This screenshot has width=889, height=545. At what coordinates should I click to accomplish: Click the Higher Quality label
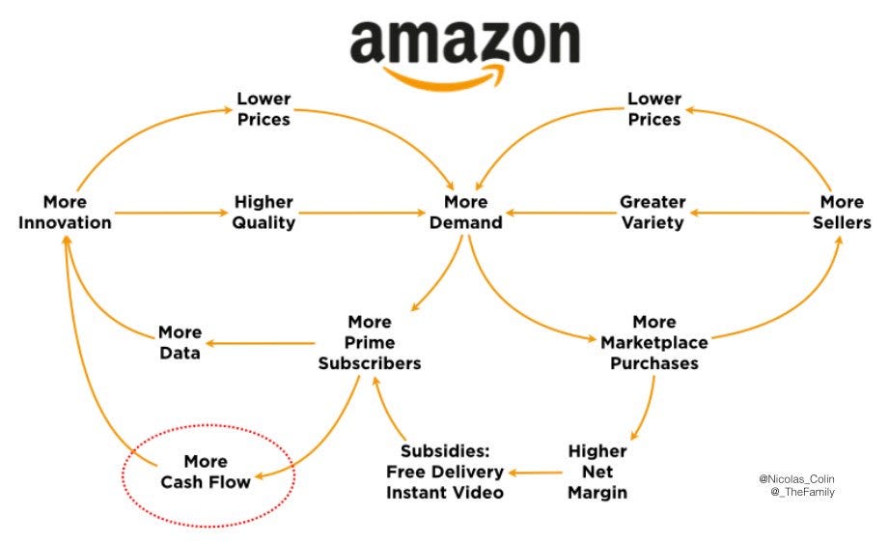264,213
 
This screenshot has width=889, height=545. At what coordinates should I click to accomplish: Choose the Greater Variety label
653,213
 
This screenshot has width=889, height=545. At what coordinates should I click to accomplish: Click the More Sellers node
841,213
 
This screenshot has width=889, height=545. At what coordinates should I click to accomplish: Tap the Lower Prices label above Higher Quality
264,108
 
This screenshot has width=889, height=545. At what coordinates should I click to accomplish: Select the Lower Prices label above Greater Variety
653,108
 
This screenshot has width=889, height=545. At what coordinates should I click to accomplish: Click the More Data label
180,342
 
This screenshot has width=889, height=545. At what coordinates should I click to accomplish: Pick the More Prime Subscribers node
370,342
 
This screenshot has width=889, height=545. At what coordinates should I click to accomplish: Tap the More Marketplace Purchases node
653,342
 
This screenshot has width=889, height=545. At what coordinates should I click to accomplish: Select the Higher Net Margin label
597,472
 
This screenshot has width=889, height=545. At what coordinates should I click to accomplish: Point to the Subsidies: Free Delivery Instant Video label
445,472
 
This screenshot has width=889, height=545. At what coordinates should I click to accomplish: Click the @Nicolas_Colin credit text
796,477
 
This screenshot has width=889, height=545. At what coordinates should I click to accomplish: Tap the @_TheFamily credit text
802,492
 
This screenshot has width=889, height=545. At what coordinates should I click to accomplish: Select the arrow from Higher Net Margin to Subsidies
537,473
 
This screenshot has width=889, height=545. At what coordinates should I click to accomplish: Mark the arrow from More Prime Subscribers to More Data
261,342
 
